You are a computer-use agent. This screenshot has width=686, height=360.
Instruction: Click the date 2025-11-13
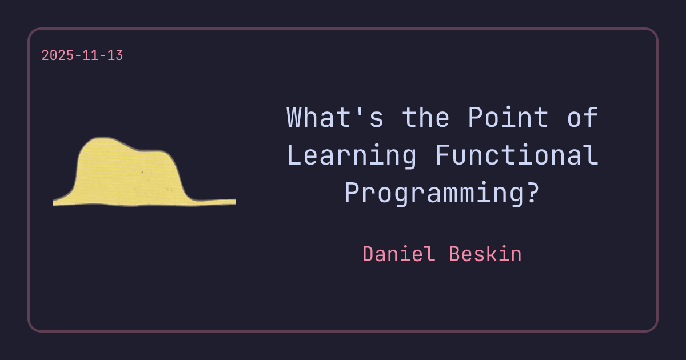82,56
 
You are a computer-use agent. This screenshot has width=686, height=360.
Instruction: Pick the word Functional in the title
517,155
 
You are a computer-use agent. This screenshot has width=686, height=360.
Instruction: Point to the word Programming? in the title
442,193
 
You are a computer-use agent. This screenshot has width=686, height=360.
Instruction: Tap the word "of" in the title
583,118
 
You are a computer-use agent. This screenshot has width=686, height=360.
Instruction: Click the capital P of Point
476,118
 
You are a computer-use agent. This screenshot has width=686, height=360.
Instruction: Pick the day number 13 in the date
115,56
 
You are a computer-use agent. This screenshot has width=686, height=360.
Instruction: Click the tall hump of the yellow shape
103,160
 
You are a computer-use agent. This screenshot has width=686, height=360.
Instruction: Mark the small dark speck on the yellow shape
142,171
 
